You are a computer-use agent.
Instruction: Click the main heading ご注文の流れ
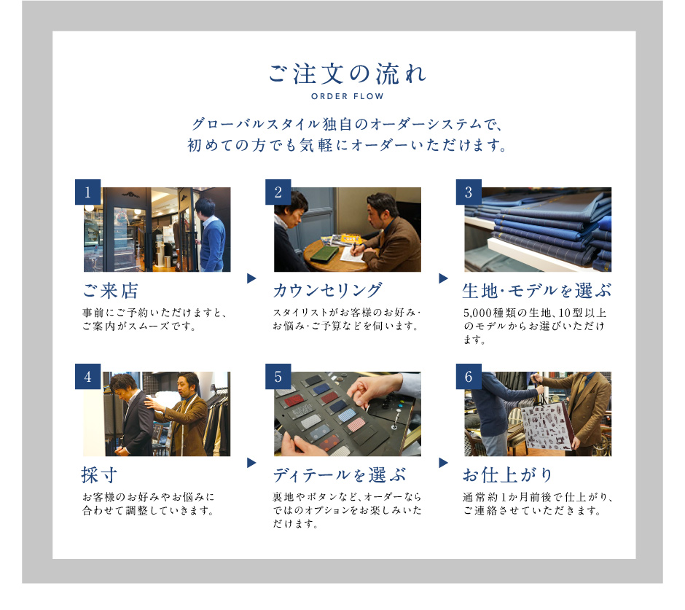click(x=348, y=74)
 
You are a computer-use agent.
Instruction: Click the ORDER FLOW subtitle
click(x=348, y=97)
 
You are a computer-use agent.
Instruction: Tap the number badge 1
click(x=87, y=192)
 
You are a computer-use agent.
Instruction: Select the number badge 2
click(x=278, y=192)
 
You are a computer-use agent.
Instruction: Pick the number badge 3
click(x=469, y=192)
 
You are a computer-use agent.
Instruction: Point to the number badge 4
click(x=87, y=377)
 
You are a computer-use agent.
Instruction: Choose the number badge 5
click(x=278, y=377)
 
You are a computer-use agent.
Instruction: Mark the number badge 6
click(x=469, y=377)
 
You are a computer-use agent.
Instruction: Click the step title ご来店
click(x=111, y=291)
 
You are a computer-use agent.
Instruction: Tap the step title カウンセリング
click(x=328, y=291)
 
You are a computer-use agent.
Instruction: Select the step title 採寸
click(x=100, y=475)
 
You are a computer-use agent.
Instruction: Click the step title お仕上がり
click(x=508, y=475)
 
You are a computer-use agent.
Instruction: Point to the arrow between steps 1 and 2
click(x=251, y=278)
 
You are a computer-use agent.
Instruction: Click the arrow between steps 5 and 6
click(x=443, y=463)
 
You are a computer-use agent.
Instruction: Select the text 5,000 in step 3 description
click(x=478, y=313)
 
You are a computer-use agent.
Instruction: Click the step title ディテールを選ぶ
click(x=340, y=475)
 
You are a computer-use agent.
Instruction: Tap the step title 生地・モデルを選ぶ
click(x=537, y=291)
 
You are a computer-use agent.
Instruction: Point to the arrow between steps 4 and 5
click(x=251, y=463)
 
